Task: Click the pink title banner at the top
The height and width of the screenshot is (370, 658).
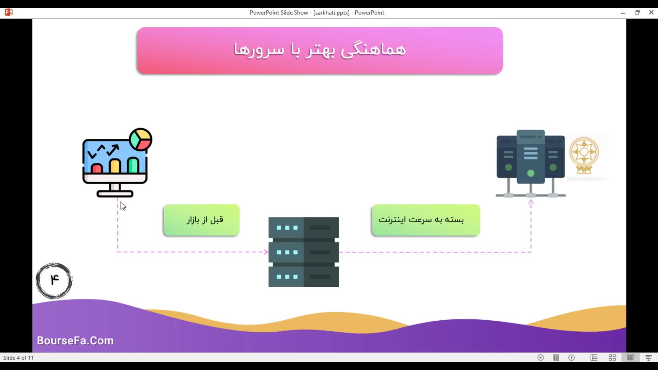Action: point(319,50)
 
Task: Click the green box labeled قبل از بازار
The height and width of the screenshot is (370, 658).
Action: point(202,220)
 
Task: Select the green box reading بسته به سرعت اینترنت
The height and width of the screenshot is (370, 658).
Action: point(426,220)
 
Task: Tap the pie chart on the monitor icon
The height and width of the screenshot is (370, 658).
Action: point(141,139)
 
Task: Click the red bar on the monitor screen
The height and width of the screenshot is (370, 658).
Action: point(97,168)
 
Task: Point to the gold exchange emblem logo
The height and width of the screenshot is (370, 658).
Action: point(584,155)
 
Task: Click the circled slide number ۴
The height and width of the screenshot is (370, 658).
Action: point(54,281)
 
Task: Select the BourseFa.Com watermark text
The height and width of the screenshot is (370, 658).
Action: point(75,341)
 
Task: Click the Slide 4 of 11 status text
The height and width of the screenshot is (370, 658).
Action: point(19,358)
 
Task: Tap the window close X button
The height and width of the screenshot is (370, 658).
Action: point(651,12)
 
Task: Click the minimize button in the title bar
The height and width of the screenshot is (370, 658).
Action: point(623,13)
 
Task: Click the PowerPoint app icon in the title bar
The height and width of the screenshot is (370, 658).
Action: point(9,13)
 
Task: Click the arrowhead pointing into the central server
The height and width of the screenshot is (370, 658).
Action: point(266,252)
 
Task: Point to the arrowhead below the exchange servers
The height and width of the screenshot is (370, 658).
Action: point(531,202)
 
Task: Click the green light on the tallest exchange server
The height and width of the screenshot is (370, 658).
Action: point(531,173)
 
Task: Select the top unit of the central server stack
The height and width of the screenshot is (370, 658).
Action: point(304,227)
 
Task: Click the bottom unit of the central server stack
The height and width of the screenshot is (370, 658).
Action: point(304,276)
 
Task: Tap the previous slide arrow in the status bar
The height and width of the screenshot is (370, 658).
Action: point(540,358)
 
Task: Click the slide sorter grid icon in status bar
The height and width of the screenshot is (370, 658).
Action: point(612,358)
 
